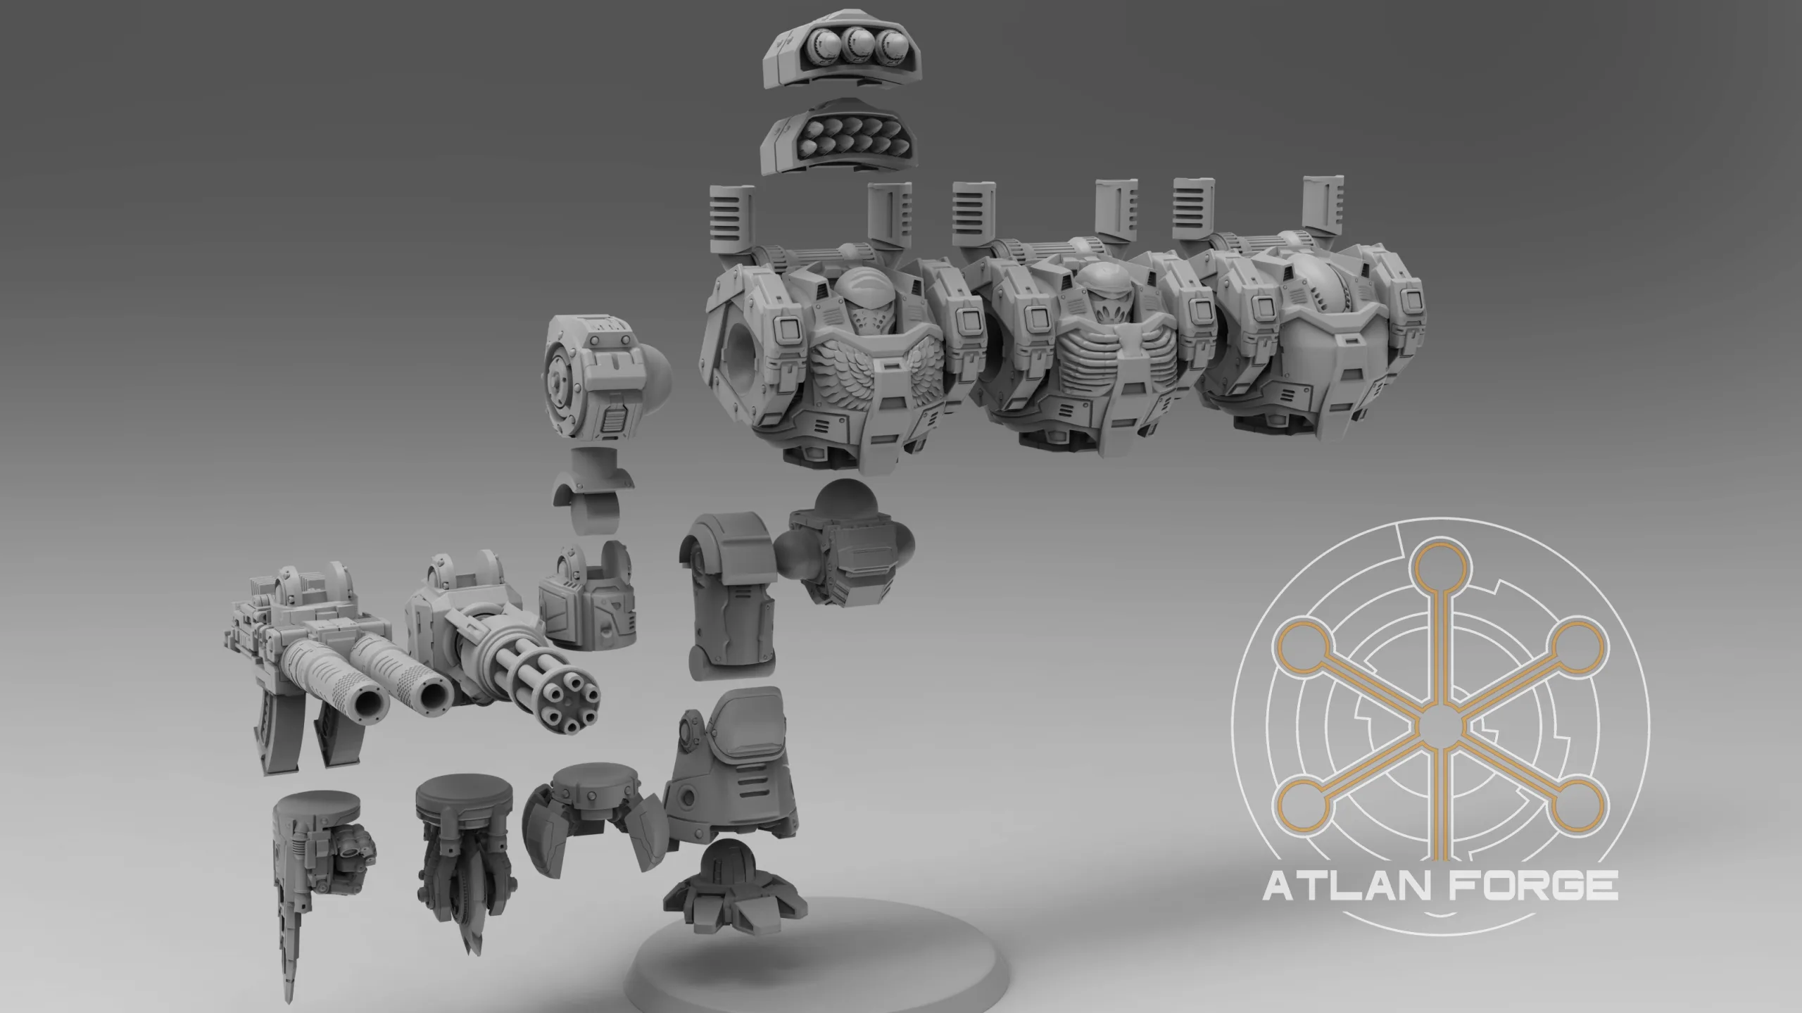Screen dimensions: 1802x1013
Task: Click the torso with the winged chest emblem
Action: coord(838,338)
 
